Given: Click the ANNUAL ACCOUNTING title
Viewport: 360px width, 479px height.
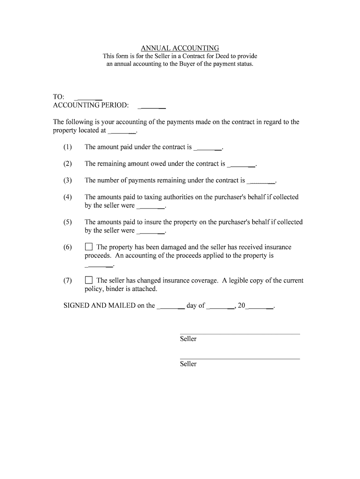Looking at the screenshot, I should tap(180, 48).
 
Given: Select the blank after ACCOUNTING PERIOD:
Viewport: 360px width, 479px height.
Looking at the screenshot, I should tap(152, 106).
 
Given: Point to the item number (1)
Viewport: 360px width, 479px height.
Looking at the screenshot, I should tap(68, 147).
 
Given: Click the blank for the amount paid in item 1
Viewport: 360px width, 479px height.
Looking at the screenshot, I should tap(208, 148).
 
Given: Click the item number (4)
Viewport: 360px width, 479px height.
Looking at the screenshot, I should tap(68, 197).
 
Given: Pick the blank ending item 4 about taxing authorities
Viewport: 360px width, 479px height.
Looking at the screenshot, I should tap(151, 207).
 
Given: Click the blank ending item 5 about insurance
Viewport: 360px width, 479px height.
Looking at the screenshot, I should tap(151, 232).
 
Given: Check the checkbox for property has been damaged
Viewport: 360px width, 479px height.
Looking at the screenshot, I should tap(89, 247).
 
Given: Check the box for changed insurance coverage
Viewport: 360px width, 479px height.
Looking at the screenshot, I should tap(89, 280).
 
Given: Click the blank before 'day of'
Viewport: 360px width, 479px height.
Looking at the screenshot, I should tap(171, 307).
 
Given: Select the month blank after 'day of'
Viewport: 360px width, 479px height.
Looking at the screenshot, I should tap(220, 307).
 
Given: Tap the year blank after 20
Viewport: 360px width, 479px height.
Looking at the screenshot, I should tap(259, 307).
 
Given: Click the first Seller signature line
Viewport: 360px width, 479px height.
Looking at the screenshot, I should tap(239, 333).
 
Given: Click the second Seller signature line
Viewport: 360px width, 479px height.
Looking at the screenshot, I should tap(239, 358).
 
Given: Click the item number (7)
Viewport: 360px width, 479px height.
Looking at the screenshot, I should tap(68, 281).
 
